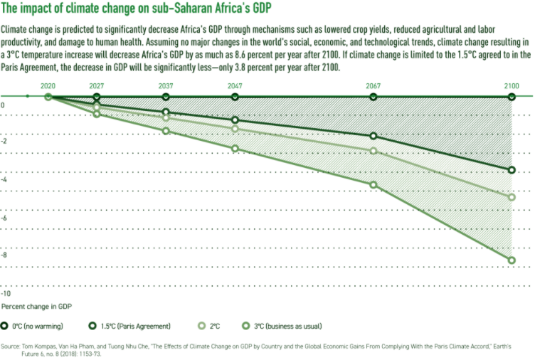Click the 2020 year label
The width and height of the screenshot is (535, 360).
48,85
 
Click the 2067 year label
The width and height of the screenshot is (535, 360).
373,85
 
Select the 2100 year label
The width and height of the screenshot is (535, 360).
512,85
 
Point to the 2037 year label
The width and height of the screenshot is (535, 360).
166,85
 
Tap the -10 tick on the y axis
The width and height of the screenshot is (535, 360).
6,293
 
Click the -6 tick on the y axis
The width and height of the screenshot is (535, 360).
5,218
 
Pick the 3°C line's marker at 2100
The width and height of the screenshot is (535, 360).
512,260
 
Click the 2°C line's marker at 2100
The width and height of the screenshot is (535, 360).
512,197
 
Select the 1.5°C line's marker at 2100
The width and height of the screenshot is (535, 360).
512,171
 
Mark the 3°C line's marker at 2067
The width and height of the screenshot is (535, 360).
373,185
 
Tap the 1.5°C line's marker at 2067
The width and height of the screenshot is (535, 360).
373,136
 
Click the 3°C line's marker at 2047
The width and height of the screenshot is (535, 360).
235,149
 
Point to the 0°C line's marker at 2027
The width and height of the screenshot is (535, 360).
97,96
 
